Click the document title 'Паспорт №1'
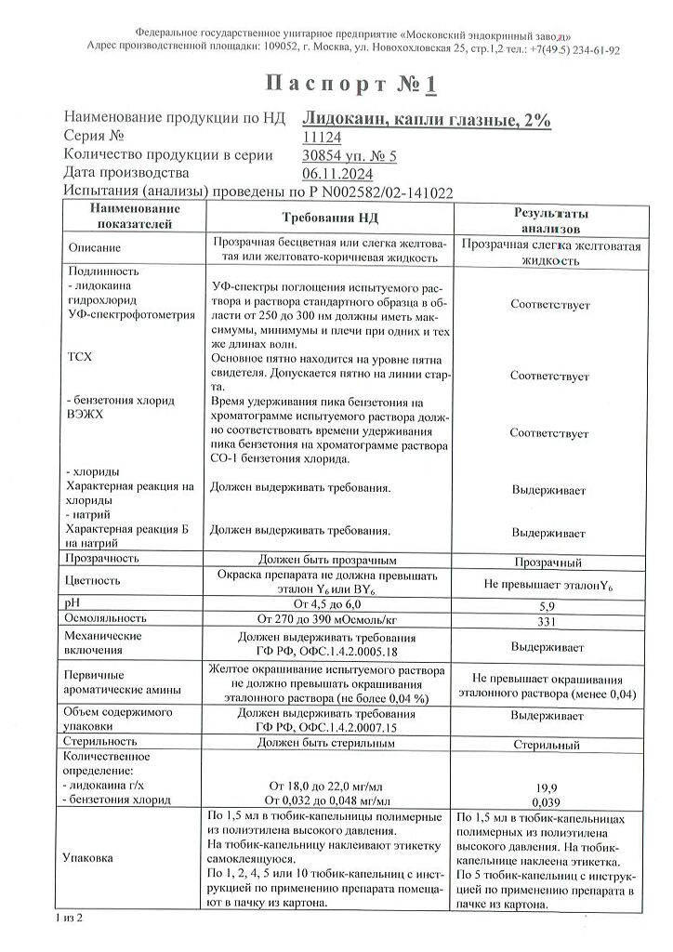[350, 85]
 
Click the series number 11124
[323, 137]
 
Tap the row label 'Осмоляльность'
[106, 618]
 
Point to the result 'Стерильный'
[548, 746]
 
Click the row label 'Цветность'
[94, 580]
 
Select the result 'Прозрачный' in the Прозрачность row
[548, 562]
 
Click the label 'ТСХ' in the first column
[81, 357]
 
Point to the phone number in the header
[580, 50]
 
